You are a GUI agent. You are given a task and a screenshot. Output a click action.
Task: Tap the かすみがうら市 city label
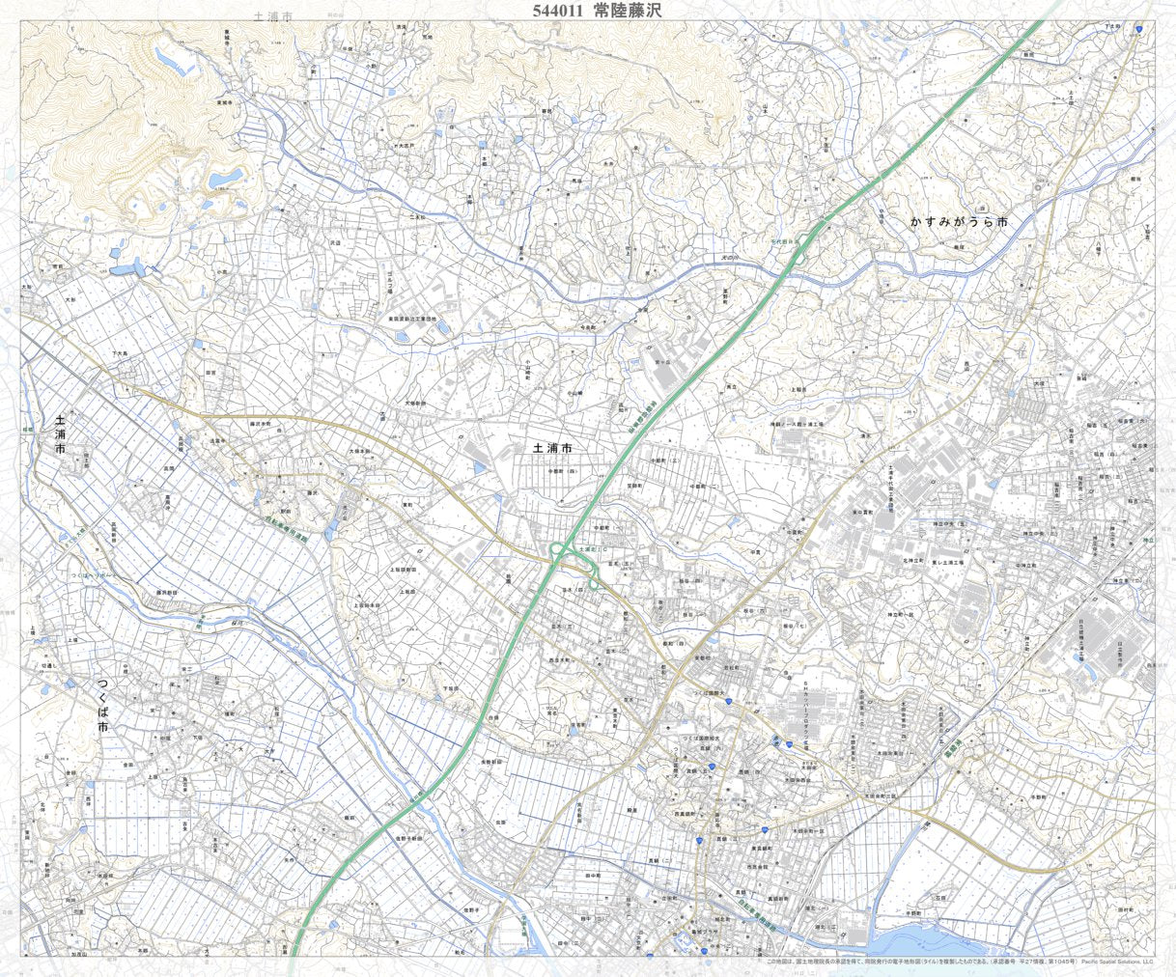coord(959,222)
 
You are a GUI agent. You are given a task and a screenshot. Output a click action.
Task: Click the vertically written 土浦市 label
coord(61,434)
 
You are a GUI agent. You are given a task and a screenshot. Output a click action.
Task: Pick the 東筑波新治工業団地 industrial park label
coord(412,318)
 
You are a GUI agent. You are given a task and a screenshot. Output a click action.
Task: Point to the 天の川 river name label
coord(732,258)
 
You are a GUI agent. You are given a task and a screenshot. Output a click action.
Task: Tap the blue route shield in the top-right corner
coord(1140,30)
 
